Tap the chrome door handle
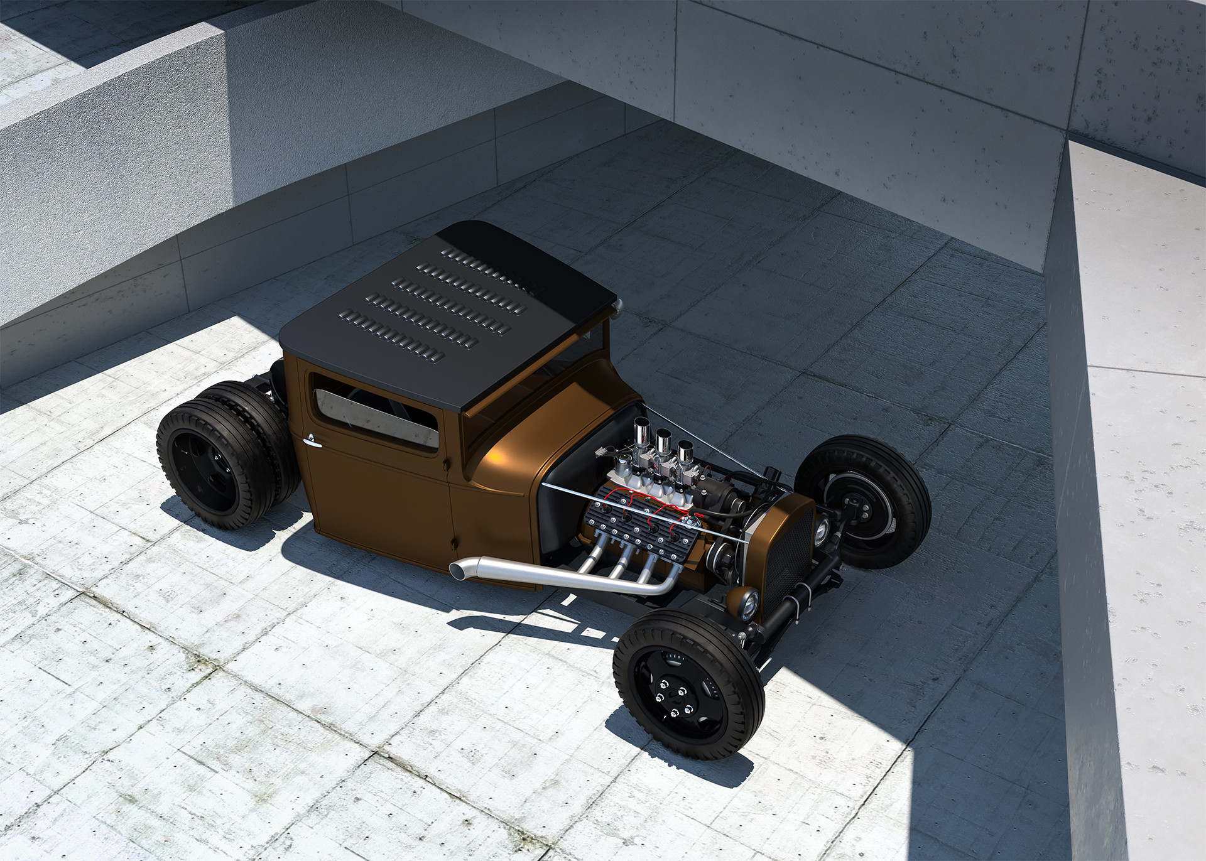pos(308,441)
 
